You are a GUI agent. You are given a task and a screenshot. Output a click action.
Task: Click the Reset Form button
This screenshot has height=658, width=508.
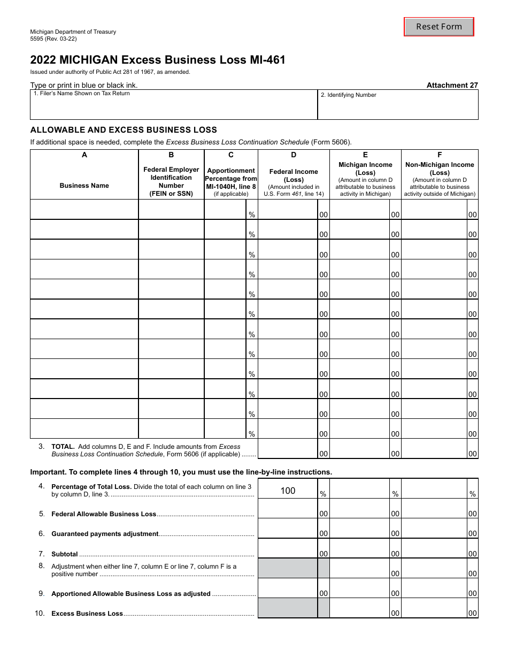(438, 27)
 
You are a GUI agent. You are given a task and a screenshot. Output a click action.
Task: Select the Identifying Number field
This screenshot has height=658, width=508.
(398, 106)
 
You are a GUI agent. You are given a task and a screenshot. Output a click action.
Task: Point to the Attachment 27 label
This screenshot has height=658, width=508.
(452, 85)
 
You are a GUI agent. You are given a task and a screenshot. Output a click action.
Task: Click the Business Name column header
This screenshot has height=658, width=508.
(84, 186)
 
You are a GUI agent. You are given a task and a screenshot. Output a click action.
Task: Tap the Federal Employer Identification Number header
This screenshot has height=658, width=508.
(171, 181)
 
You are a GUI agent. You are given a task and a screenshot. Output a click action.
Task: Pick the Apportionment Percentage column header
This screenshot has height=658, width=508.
(231, 178)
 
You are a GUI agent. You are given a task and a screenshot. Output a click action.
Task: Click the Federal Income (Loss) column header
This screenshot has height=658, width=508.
(294, 175)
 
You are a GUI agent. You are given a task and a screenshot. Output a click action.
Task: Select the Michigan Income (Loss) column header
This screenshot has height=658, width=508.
(365, 169)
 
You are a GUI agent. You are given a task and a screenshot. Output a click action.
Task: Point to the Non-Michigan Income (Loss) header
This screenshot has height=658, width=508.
(440, 169)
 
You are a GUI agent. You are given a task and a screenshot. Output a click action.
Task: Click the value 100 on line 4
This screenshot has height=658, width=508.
(288, 491)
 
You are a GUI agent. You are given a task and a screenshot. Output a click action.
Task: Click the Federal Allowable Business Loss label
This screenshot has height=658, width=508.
(104, 514)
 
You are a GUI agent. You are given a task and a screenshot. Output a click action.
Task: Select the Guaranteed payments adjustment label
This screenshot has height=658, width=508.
(105, 534)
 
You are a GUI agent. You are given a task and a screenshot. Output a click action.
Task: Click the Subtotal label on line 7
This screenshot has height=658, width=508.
(65, 554)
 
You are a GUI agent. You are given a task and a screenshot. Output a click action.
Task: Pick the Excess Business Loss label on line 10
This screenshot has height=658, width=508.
(87, 614)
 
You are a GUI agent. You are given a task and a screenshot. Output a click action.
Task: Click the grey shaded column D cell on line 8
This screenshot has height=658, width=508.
(288, 568)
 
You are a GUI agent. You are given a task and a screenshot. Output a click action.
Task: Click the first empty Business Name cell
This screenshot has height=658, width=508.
(84, 210)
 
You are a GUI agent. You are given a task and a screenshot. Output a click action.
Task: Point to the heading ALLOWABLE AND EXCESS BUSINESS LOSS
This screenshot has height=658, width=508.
(124, 129)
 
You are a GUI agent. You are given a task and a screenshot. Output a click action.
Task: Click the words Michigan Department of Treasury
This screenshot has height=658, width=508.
(73, 32)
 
